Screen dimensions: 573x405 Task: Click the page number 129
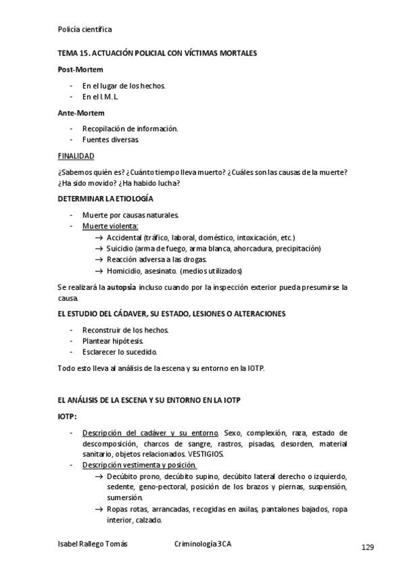point(368,547)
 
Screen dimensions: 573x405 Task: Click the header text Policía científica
point(85,30)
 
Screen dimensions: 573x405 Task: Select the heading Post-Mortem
point(78,70)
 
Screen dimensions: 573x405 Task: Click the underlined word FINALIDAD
point(76,155)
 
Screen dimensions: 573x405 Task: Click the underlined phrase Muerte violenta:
point(110,226)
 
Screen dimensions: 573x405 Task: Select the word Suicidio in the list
point(120,248)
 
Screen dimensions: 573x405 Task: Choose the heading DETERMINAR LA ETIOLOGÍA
point(105,199)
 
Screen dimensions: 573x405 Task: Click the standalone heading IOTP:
point(68,417)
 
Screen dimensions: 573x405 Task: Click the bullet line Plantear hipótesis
point(112,341)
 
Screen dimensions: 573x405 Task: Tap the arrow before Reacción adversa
point(99,259)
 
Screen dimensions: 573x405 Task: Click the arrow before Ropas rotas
point(99,509)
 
